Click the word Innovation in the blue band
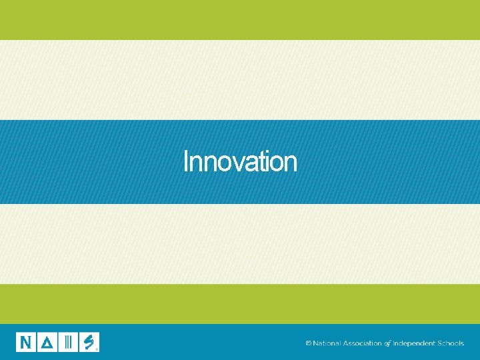[x=240, y=161]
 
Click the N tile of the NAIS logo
[x=26, y=342]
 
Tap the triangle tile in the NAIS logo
[x=47, y=342]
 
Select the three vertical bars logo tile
[x=68, y=342]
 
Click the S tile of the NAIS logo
[x=89, y=342]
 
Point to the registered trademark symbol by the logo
[x=97, y=348]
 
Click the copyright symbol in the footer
[x=308, y=343]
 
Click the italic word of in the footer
[x=387, y=343]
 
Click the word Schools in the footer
[x=451, y=343]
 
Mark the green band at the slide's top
[x=240, y=20]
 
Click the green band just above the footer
[x=240, y=304]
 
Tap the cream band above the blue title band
[x=240, y=80]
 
